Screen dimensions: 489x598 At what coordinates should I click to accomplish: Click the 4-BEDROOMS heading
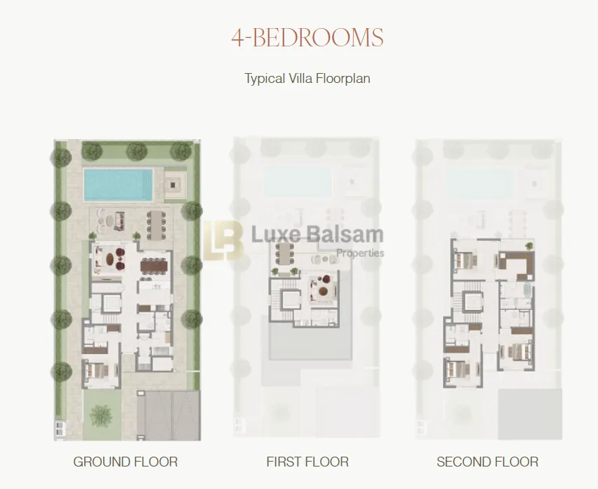point(307,37)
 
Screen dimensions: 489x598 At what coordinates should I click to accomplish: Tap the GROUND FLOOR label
point(125,462)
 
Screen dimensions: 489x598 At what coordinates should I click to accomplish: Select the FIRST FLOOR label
point(307,462)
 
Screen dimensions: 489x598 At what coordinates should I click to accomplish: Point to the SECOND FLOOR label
point(487,462)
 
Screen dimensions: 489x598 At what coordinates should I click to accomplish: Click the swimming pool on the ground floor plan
point(119,183)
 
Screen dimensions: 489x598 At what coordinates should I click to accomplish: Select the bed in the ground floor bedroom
point(96,370)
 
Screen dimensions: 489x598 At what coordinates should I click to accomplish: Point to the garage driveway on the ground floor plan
point(163,415)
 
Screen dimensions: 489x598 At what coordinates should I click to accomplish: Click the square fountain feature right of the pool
point(173,186)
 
